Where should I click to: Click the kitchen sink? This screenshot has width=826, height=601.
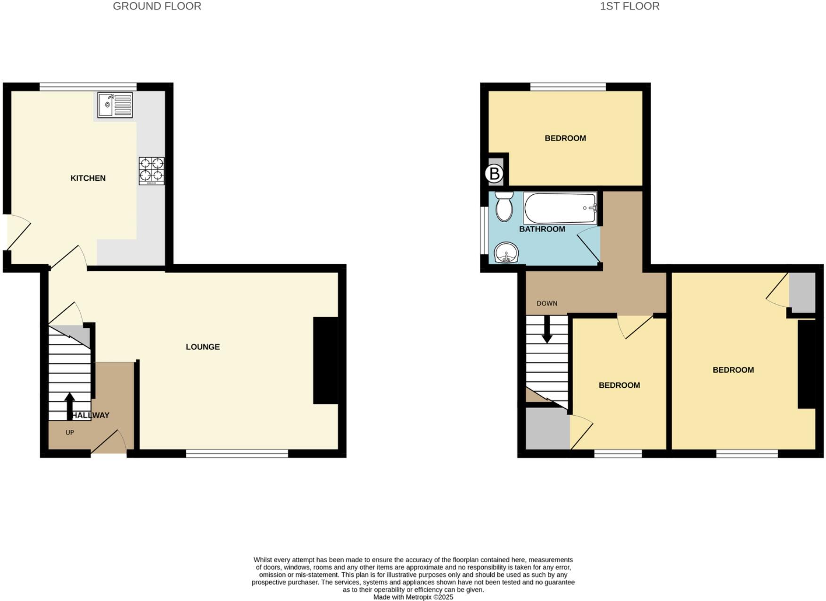click(x=115, y=105)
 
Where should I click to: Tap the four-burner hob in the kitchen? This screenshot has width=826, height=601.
click(x=152, y=170)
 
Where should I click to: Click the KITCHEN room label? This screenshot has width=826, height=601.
click(x=88, y=178)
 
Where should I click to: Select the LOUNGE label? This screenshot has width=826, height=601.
click(x=203, y=347)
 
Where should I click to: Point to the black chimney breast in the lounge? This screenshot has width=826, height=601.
click(x=326, y=360)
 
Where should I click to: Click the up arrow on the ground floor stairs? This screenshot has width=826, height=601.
click(x=70, y=403)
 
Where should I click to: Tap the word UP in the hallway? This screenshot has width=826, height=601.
click(x=70, y=433)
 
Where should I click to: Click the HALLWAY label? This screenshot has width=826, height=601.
click(x=91, y=416)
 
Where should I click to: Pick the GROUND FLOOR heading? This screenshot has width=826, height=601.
click(x=157, y=7)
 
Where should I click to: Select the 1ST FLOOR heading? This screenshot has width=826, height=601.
click(x=629, y=7)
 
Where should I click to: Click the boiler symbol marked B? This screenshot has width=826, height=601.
click(x=494, y=174)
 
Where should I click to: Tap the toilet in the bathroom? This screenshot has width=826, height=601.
click(x=504, y=206)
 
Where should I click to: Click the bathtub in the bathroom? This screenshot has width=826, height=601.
click(x=560, y=208)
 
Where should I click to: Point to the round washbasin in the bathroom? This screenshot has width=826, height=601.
click(x=506, y=253)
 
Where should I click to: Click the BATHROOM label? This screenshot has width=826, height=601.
click(x=542, y=229)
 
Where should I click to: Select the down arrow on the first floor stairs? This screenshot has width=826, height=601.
click(x=547, y=329)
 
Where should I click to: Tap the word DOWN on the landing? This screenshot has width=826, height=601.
click(x=547, y=304)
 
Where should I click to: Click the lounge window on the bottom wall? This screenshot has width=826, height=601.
click(x=237, y=454)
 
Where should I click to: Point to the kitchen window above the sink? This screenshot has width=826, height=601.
click(x=88, y=87)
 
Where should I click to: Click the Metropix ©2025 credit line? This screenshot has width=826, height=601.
click(x=413, y=597)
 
